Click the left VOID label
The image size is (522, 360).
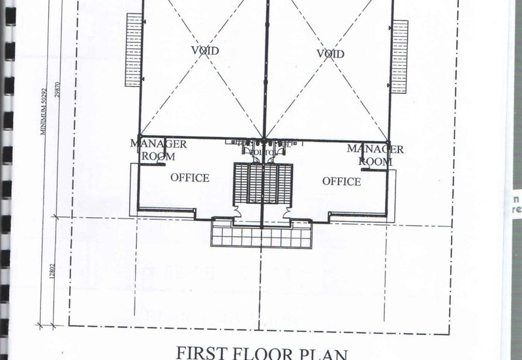[205, 50]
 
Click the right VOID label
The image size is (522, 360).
[330, 53]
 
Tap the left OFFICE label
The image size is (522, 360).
[190, 177]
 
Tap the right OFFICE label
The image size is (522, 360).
[341, 181]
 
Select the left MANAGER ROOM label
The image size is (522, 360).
[159, 149]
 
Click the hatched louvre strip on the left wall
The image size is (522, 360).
[133, 50]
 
